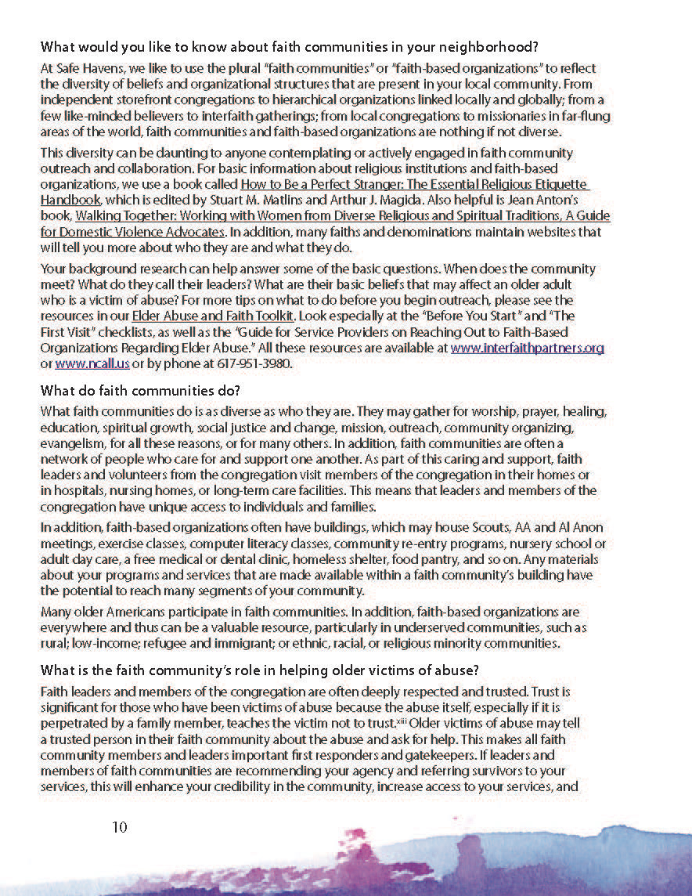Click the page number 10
pyautogui.click(x=119, y=827)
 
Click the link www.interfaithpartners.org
pyautogui.click(x=527, y=349)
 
